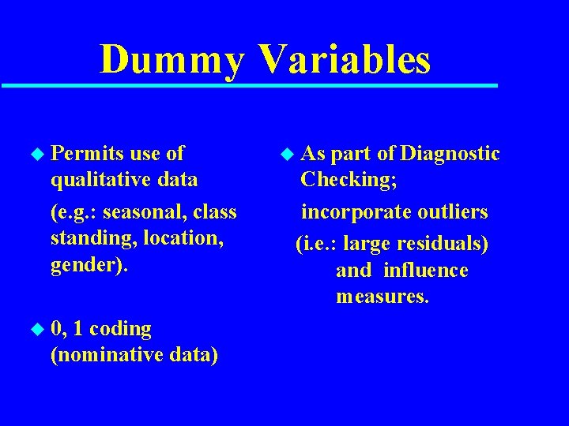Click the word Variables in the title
point(345,60)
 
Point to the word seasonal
point(143,212)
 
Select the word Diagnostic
point(450,153)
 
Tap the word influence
point(425,271)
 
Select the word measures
point(382,297)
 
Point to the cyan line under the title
point(249,85)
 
